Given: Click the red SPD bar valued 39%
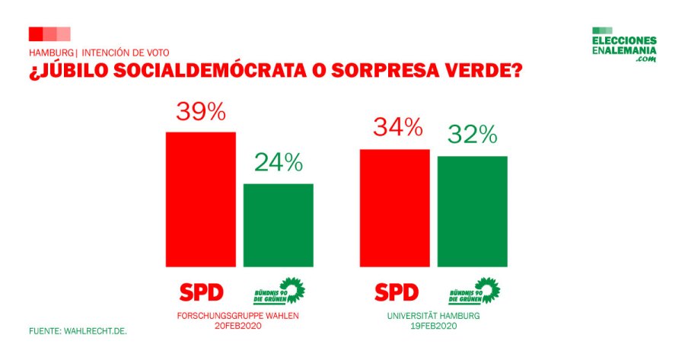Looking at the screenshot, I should [x=201, y=199].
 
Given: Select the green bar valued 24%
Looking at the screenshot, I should [x=278, y=225].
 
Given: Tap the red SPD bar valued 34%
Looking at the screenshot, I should [x=394, y=208].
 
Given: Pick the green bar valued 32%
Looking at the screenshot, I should [x=472, y=212].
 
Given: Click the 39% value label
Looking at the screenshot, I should [x=201, y=112].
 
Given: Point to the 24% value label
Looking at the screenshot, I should [x=278, y=162].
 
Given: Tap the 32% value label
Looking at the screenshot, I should [x=472, y=135].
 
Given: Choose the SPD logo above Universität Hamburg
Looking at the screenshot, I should [x=397, y=292].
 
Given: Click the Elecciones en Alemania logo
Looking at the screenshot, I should [x=623, y=48].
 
